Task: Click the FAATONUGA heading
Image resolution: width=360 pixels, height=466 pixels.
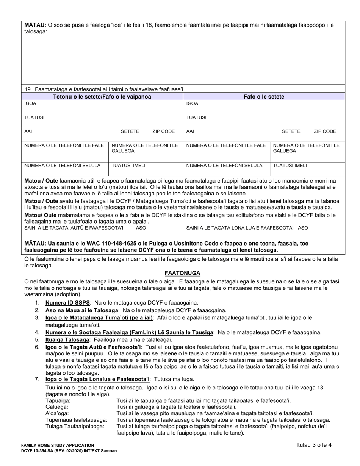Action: [182, 273]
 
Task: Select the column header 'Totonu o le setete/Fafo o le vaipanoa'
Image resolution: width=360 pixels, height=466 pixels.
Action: [102, 97]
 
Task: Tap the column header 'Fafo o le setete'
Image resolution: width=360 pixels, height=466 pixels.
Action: [264, 97]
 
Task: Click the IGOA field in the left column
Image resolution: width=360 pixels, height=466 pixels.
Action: [102, 107]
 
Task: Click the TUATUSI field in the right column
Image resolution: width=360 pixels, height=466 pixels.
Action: [264, 121]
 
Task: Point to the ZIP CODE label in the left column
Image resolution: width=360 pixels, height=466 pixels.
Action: [163, 131]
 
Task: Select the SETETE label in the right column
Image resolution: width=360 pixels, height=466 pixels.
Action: [291, 131]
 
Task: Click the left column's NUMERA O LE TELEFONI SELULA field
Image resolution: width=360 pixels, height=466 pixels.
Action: [65, 169]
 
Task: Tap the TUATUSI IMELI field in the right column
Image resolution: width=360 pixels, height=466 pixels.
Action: [307, 169]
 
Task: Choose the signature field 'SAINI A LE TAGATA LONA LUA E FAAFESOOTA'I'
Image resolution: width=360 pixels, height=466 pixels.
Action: [264, 231]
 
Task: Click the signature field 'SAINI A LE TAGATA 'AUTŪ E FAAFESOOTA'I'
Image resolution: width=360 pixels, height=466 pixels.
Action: [102, 231]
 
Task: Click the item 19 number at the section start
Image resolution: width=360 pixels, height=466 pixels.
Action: [28, 89]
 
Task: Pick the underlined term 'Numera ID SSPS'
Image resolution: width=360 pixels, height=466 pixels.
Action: [67, 303]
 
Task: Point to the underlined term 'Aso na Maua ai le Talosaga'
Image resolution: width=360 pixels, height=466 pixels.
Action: [81, 310]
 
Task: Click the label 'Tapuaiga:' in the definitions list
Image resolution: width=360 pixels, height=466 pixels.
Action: [58, 400]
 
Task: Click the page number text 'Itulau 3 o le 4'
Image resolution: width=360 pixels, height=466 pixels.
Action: [314, 445]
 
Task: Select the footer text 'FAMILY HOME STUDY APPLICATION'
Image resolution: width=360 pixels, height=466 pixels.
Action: [58, 445]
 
